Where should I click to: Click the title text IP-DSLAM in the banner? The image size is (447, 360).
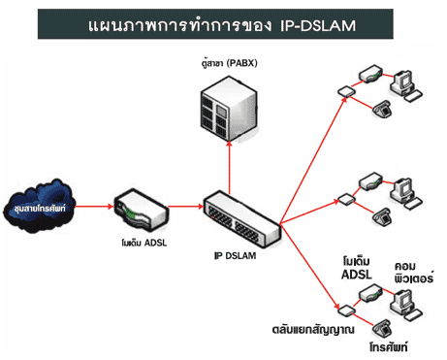(318, 25)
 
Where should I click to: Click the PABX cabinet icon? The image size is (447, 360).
(229, 109)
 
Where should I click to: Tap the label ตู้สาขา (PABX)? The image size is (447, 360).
(229, 63)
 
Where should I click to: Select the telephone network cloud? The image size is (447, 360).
(40, 207)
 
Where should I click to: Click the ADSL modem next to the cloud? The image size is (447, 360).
(142, 210)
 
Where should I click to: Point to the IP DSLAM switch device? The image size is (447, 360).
(241, 219)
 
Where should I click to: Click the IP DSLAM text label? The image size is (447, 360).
(235, 255)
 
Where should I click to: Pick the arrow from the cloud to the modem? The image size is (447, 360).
(95, 207)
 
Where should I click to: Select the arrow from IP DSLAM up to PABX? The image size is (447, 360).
(229, 168)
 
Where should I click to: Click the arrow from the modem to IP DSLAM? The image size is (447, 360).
(186, 207)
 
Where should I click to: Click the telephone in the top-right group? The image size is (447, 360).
(383, 109)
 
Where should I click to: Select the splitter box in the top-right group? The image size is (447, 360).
(346, 91)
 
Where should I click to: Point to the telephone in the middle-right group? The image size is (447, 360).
(383, 216)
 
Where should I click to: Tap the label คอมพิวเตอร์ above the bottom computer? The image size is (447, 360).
(414, 273)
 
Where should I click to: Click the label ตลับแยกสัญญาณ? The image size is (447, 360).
(313, 330)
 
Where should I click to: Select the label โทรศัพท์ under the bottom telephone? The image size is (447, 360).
(388, 347)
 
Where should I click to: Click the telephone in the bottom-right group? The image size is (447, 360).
(383, 329)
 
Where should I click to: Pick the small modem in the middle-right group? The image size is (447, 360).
(371, 180)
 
